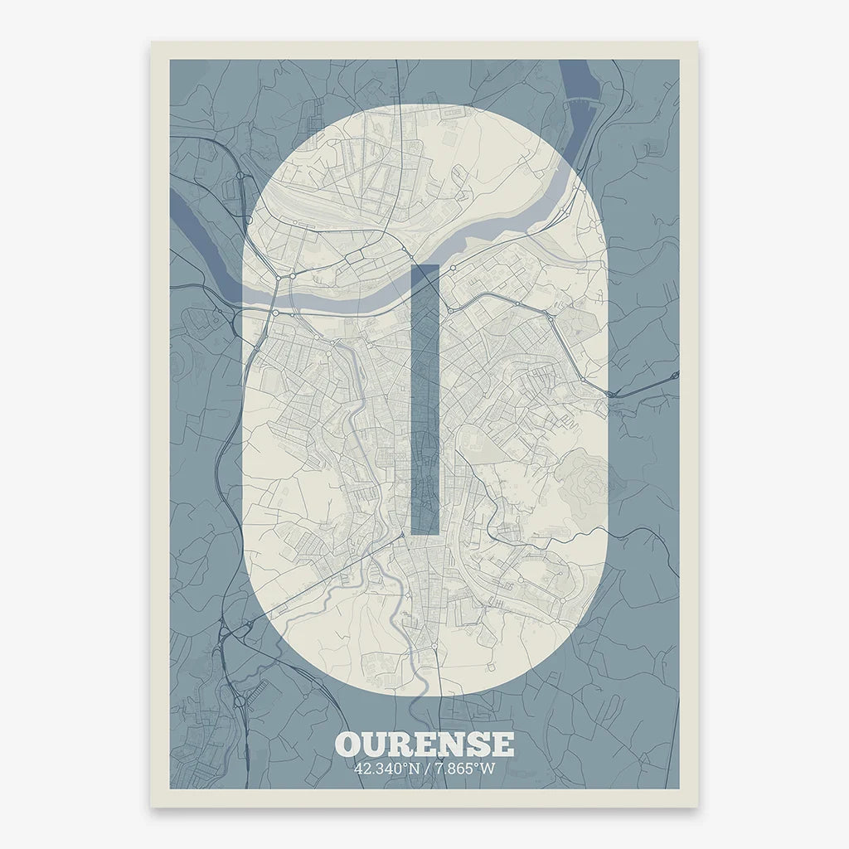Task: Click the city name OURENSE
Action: [424, 744]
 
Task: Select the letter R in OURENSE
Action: [400, 744]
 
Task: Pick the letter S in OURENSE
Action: [477, 744]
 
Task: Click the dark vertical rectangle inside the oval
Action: [424, 398]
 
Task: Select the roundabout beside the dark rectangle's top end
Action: [453, 268]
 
